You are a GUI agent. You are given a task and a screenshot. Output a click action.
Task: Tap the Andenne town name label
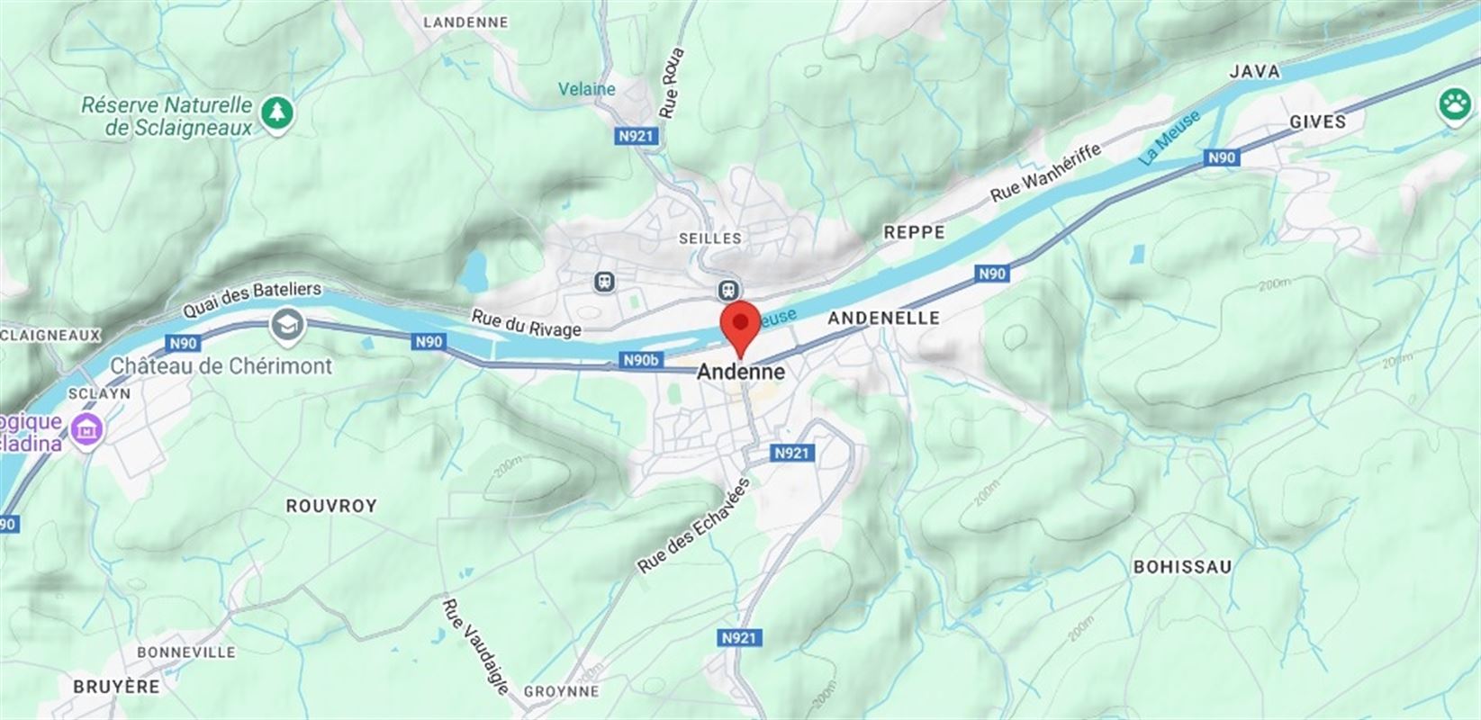(741, 372)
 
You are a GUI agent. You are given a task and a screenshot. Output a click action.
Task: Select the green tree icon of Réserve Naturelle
(277, 112)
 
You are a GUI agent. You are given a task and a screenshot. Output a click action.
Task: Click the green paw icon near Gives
(1454, 104)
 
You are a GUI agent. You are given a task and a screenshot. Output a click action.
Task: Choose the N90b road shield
(641, 361)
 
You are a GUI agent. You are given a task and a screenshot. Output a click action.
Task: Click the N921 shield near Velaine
(638, 137)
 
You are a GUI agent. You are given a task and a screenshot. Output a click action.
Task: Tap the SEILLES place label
(710, 238)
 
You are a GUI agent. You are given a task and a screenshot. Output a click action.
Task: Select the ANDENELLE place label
(883, 318)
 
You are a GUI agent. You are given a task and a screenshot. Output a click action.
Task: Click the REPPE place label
(914, 232)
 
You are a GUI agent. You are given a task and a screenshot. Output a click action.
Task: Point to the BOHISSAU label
(1182, 567)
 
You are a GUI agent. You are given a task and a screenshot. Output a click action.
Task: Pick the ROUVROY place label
(331, 506)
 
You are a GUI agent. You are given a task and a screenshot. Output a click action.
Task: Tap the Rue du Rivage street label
(527, 323)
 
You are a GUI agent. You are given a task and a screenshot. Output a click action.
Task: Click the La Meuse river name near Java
(1169, 138)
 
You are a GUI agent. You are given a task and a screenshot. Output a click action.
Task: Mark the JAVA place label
(1254, 71)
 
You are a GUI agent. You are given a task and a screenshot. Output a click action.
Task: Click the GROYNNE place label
(561, 691)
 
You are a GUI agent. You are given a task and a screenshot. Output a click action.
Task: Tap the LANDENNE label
(465, 22)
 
